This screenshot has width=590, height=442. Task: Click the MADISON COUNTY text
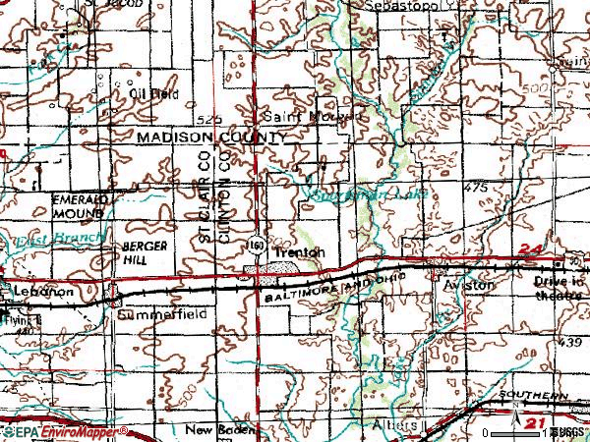[210, 138]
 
